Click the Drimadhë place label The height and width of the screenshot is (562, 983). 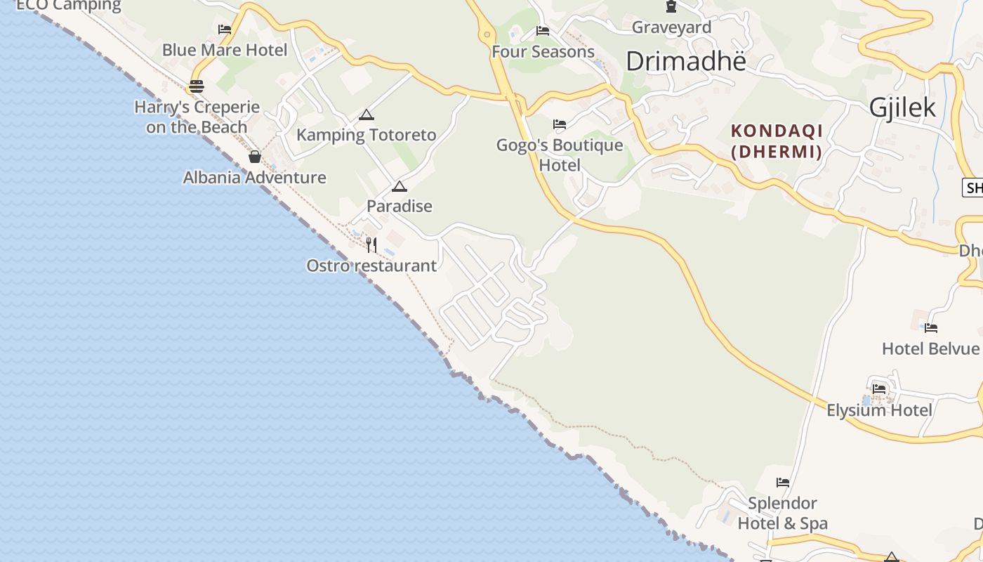coord(685,61)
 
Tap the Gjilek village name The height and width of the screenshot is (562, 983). coord(902,107)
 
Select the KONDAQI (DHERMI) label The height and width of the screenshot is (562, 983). coord(777,140)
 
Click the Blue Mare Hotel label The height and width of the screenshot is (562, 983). coord(225,50)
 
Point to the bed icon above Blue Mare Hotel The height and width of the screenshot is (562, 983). coord(225,30)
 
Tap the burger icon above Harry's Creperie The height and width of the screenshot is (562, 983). coord(196,86)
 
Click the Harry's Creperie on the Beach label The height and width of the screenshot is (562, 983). coord(197,117)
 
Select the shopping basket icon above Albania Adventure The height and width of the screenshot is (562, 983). coord(255,157)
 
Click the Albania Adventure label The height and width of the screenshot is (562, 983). coord(254,177)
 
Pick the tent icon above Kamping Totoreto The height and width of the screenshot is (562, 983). coord(366,115)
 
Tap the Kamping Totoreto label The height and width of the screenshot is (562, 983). coord(366,135)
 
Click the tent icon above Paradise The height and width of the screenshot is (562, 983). coord(400,186)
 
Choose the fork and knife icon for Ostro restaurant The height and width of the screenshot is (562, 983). coord(371,244)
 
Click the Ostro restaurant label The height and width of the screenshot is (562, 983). coord(371,266)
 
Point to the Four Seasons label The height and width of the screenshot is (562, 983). coord(543,51)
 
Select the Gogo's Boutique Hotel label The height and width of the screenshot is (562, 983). coord(560,155)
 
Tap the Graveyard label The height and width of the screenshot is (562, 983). coord(671,27)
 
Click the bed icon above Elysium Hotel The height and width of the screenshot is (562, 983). coord(879,388)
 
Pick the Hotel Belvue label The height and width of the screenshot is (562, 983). coord(930,348)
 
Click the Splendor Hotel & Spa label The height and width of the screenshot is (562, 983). coord(782,514)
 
